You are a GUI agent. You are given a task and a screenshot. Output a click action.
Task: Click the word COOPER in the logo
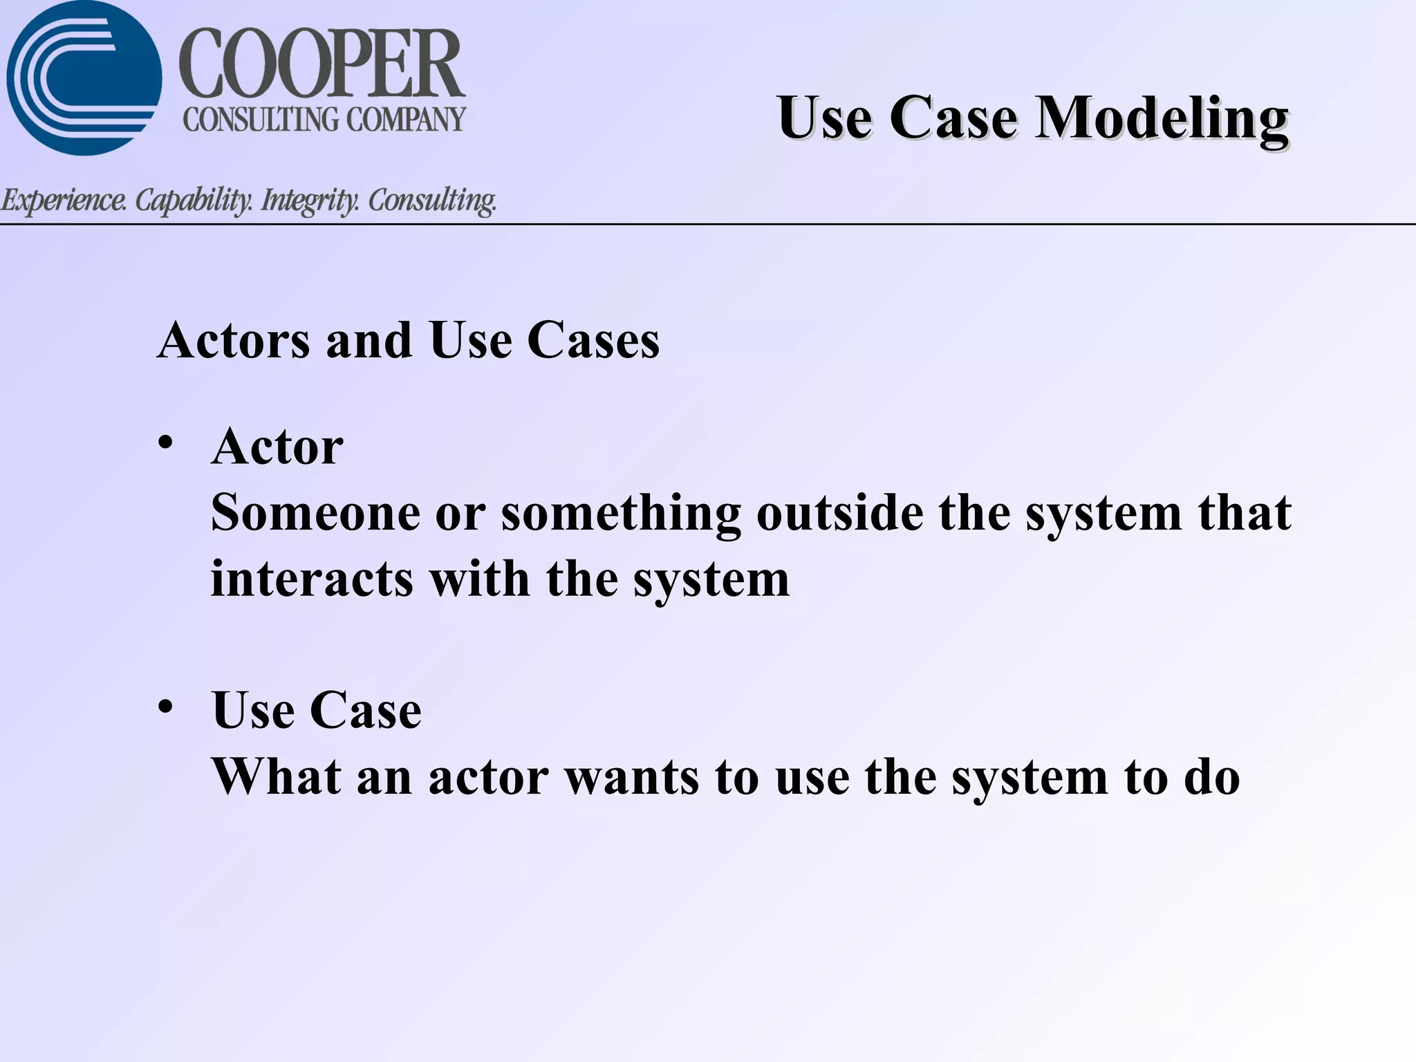tap(322, 64)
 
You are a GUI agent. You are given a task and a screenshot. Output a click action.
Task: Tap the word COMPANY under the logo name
tap(406, 120)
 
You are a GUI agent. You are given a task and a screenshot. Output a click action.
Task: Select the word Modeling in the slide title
tap(1162, 118)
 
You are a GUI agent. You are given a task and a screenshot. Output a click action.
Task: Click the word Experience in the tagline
tap(64, 201)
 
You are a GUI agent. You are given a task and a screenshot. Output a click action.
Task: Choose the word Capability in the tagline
tap(194, 201)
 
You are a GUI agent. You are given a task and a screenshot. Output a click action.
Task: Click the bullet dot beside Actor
tap(165, 442)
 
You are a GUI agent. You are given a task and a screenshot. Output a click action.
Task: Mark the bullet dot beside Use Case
tap(165, 707)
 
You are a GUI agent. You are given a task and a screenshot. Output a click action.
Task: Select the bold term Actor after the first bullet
tap(277, 447)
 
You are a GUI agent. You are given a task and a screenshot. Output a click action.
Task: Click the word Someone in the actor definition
tap(315, 513)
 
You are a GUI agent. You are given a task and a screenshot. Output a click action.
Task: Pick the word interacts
tap(312, 579)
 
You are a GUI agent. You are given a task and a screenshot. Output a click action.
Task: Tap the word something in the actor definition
tap(620, 514)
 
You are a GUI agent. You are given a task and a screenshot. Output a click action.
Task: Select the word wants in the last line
tap(632, 777)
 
